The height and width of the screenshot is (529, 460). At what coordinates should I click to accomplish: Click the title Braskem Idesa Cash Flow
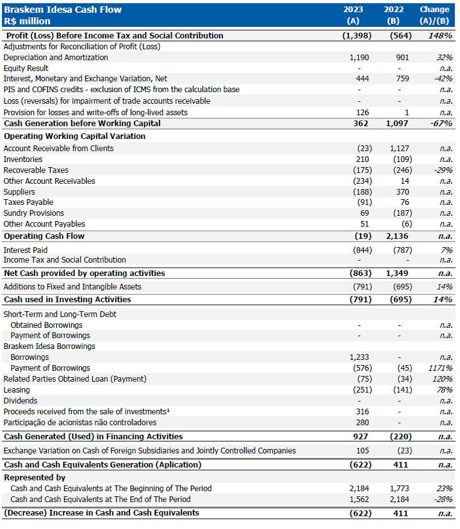coord(63,10)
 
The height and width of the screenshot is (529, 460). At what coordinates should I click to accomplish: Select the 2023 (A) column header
coord(353,15)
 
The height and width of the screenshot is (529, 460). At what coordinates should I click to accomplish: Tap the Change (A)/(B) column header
coord(434,15)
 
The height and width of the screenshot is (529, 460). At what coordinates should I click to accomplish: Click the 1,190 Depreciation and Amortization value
coord(359,58)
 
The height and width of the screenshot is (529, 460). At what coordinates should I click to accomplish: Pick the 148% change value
coord(441,36)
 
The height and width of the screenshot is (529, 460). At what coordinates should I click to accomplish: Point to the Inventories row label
coord(23,159)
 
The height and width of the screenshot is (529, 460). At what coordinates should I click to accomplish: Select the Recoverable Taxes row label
coord(36,170)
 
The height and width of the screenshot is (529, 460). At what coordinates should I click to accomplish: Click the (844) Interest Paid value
coord(361,250)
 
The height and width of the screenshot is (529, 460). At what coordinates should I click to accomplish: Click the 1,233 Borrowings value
coord(359,357)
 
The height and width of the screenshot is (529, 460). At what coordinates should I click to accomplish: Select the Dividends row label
coord(21,401)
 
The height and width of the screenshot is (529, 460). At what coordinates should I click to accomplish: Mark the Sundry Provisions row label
coord(34,213)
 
